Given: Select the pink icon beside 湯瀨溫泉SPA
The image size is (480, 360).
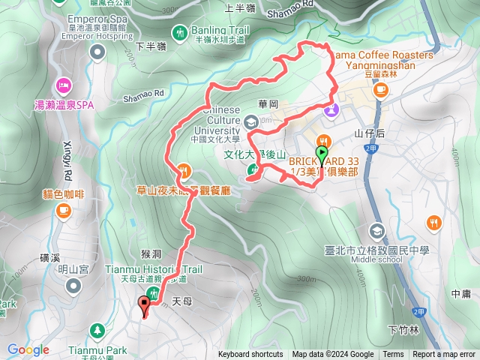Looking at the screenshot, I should [63, 84].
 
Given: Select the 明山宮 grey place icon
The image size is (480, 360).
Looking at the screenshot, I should [73, 285].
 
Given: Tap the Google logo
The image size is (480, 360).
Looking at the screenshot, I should [28, 349].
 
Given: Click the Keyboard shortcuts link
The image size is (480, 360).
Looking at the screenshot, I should [250, 355].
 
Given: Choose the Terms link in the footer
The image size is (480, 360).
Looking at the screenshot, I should [393, 355].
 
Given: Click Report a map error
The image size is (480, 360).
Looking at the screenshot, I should [444, 355].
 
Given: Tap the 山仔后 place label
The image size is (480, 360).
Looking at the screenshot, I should [369, 133].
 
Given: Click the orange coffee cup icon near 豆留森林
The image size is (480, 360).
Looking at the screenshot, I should [381, 89].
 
